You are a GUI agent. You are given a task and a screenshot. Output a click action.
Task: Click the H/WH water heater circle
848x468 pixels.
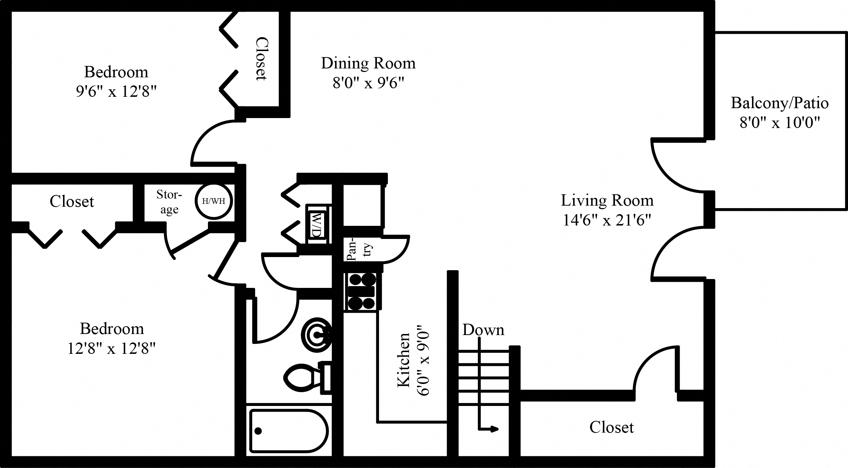[214, 201]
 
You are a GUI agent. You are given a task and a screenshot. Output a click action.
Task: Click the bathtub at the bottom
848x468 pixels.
[289, 431]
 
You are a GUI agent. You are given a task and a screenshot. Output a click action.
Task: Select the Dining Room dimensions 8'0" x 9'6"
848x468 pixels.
[368, 83]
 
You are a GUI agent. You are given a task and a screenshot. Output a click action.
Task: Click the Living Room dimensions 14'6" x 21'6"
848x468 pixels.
[607, 221]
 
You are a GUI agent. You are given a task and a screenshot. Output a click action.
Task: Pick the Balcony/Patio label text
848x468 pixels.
[780, 103]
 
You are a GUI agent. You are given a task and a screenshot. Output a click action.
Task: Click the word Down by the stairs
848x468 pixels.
[483, 330]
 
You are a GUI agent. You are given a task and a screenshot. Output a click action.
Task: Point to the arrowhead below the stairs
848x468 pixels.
[494, 429]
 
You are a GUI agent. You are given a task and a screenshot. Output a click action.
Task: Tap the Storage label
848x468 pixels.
[169, 202]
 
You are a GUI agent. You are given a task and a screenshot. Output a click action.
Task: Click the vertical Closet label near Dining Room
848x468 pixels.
[261, 58]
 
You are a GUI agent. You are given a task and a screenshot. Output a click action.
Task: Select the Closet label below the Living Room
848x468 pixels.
[611, 427]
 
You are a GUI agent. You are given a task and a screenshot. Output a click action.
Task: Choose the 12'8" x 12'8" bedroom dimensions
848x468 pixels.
[111, 349]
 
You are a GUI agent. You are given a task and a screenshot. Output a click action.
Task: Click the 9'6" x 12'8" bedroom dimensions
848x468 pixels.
[116, 92]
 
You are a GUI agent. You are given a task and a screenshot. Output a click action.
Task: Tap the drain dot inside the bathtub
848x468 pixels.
[258, 431]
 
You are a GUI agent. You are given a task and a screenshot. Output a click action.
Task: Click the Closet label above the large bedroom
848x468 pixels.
[72, 201]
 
